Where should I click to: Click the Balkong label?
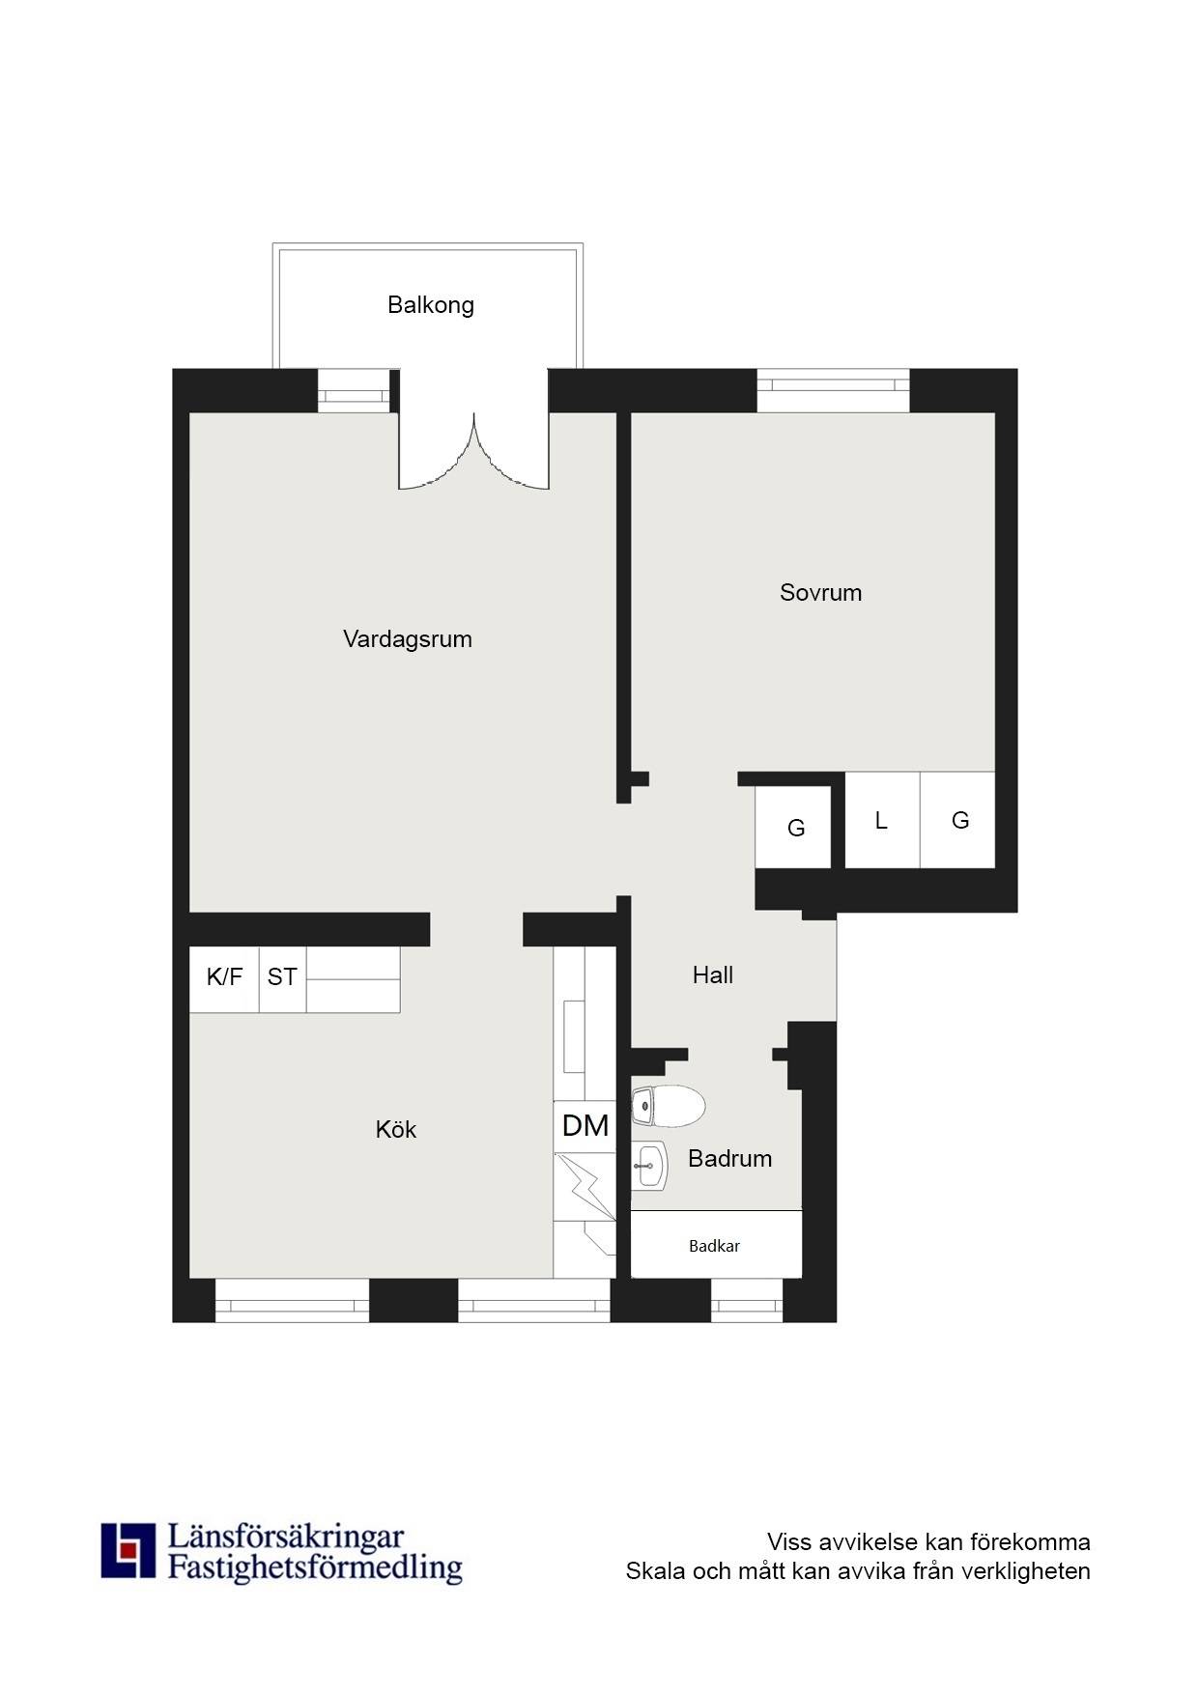431,305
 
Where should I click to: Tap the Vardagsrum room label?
408,639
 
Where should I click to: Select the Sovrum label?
821,593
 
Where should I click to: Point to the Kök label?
396,1129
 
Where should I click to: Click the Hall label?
713,975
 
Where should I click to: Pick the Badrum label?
730,1159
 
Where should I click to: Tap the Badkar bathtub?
716,1244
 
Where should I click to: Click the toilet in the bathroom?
668,1106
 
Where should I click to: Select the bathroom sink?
649,1166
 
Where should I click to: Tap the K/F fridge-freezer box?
224,978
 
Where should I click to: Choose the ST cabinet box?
282,978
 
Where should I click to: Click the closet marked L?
882,820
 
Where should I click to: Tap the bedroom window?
833,390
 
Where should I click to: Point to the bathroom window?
747,1300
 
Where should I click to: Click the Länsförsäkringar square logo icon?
128,1550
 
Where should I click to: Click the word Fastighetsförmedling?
315,1567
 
